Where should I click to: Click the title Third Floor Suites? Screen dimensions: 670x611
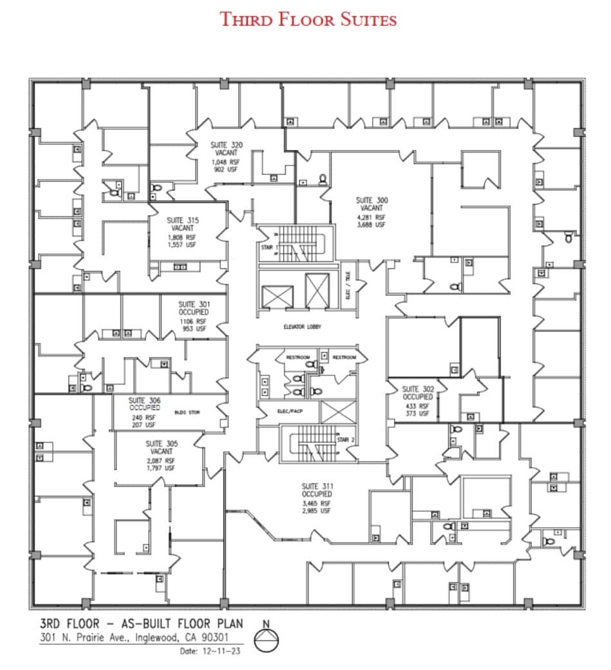308,19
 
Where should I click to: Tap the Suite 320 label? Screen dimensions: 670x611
227,145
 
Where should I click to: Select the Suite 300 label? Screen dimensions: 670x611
372,200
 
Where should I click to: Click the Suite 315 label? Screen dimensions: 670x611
183,220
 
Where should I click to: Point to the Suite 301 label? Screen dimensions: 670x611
193,304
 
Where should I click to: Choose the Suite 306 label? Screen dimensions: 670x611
144,400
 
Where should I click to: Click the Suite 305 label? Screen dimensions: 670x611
161,443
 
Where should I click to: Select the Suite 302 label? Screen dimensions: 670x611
418,389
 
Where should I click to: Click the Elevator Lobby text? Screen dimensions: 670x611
303,327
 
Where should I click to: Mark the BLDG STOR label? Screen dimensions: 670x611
187,412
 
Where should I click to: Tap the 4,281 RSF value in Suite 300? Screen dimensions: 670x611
371,217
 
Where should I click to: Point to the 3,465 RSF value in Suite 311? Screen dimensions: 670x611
316,503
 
